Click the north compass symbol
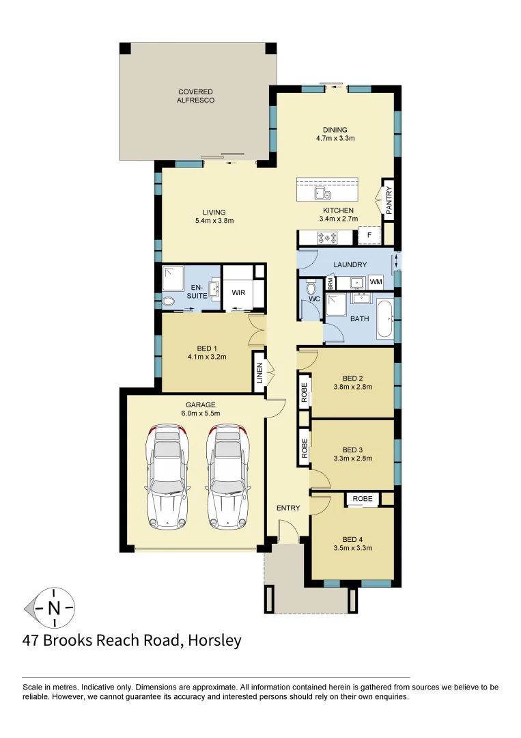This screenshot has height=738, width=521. (51, 607)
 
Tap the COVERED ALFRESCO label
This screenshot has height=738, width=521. (195, 96)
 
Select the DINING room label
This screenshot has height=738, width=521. (335, 130)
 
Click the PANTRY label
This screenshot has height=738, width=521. (389, 202)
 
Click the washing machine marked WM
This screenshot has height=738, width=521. (376, 282)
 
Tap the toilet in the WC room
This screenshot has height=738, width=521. (311, 286)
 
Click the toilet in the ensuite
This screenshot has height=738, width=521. (168, 301)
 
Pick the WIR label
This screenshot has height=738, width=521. (238, 292)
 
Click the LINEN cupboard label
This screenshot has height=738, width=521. (259, 373)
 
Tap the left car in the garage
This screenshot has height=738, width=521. (167, 476)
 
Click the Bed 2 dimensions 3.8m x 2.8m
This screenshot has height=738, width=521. (352, 387)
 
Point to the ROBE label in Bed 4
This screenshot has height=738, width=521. (363, 499)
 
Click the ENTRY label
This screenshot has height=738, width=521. (288, 508)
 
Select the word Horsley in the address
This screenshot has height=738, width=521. (213, 641)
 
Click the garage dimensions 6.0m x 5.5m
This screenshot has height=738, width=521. (195, 414)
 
